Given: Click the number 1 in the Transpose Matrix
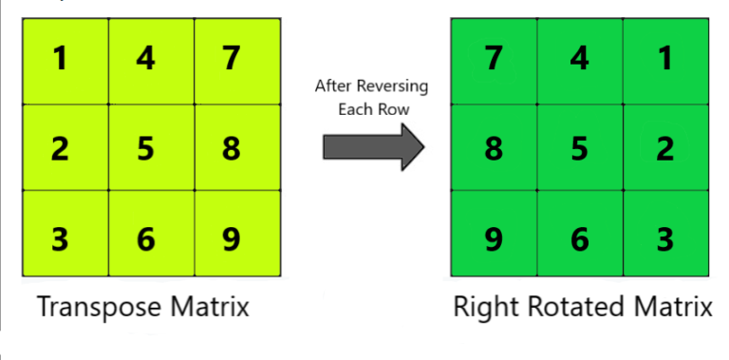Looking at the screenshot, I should pos(60,59).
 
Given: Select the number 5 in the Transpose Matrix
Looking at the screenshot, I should pos(145,149).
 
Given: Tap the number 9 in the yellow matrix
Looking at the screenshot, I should pos(231,239).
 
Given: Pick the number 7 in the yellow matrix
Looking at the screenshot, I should pos(231,59).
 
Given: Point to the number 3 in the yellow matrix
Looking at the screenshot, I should pos(60,239).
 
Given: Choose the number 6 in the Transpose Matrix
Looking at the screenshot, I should pos(145,239).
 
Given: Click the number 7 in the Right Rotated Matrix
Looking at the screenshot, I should pos(494,59).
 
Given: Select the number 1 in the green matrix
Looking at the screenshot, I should pos(665,59).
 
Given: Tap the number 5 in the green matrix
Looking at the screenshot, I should pos(580,149).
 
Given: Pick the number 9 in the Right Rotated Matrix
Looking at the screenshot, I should pos(494,239).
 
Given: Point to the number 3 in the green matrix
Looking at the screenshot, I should pos(665,239).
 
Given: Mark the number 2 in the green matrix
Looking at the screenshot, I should pos(665,149).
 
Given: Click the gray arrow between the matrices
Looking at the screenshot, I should pos(370,148).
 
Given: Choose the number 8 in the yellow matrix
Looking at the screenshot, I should pos(231,149).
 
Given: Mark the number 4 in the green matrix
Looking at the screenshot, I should pos(580,59).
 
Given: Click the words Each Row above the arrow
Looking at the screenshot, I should pos(371,109).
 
